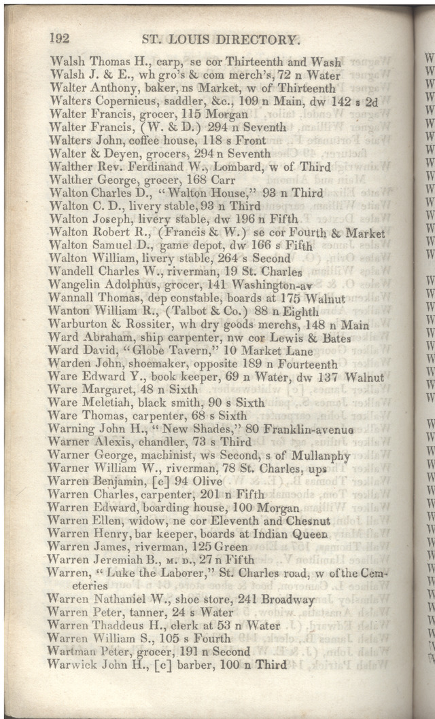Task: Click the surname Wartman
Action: [x=71, y=650]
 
